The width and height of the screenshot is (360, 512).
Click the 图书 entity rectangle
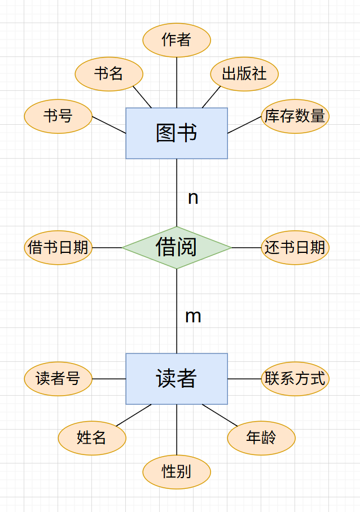(177, 133)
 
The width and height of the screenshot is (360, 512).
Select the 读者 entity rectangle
(177, 379)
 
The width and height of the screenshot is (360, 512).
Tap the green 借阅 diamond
(177, 247)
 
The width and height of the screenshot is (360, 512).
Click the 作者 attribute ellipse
(177, 40)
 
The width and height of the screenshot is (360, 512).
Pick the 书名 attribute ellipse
(109, 74)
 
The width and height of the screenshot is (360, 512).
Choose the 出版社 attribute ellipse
(244, 74)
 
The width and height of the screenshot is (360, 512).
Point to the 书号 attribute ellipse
(58, 116)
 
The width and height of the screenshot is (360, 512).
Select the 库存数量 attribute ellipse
(295, 116)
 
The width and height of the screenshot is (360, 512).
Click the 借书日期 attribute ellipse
(58, 247)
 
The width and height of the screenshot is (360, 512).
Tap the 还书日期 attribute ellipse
(295, 247)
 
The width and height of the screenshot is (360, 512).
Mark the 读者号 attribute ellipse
(58, 379)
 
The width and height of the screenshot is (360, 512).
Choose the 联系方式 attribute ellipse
(295, 379)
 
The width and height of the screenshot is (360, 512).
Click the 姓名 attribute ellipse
(92, 437)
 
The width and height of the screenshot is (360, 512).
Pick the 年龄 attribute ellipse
(261, 437)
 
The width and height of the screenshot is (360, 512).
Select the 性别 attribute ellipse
(177, 471)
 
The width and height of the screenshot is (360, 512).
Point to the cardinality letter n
(193, 198)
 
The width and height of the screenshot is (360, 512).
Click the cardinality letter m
(193, 317)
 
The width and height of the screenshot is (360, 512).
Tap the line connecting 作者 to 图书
(177, 82)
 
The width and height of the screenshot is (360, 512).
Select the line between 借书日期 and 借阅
(107, 247)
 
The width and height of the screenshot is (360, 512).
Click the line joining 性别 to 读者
(177, 430)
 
